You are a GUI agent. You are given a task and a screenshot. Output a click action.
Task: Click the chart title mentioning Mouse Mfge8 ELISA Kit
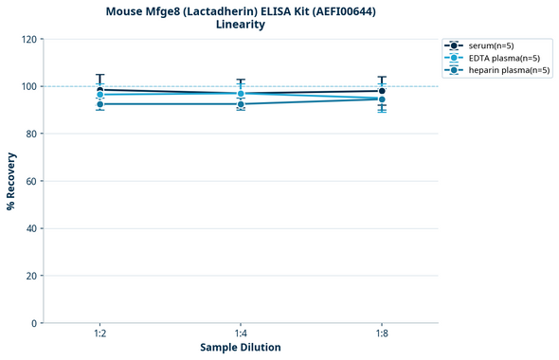coord(241,11)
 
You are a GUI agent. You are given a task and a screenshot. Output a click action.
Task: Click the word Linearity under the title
coord(241,25)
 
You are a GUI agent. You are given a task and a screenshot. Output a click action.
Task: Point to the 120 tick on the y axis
coord(29,40)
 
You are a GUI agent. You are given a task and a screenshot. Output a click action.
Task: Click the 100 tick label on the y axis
coord(29,87)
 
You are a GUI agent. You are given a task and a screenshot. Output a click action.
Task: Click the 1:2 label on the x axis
coord(99,333)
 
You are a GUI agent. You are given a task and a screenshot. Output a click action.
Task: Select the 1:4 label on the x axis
coord(241,333)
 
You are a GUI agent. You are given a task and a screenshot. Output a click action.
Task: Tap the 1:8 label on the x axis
coord(382,333)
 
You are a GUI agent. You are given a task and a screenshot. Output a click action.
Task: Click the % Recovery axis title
coord(11,181)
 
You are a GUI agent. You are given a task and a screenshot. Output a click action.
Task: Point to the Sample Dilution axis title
coord(241,348)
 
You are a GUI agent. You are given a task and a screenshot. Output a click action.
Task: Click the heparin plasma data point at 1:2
coord(99,104)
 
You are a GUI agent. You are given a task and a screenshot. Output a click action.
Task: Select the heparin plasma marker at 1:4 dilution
coord(241,104)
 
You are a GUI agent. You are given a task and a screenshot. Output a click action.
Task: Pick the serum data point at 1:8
coord(382,91)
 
